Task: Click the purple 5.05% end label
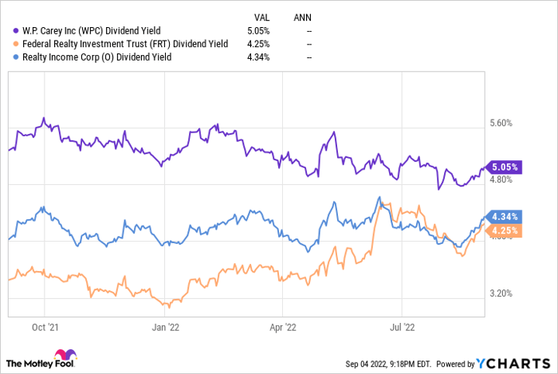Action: coord(505,167)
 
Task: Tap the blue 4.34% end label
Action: coord(505,216)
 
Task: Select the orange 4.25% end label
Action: coord(505,231)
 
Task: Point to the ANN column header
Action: coord(303,16)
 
